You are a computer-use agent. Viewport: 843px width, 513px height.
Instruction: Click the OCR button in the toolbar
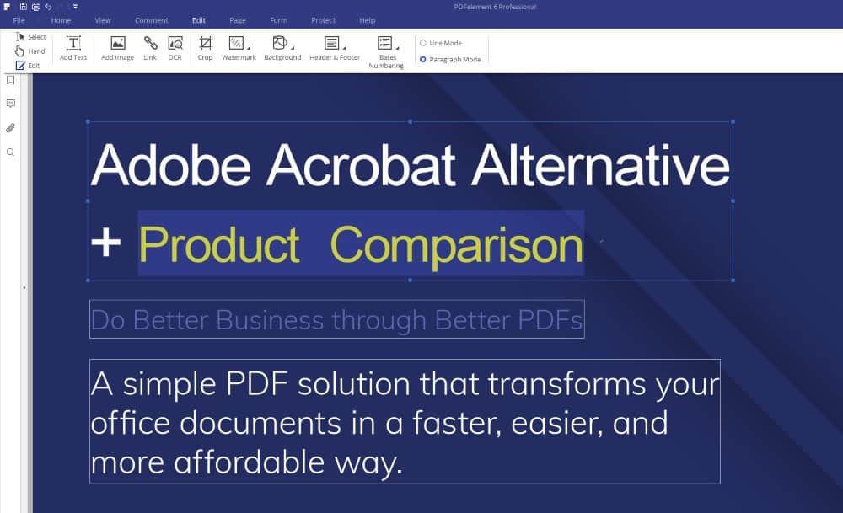tap(175, 48)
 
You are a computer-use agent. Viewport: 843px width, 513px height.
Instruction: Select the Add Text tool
tap(73, 48)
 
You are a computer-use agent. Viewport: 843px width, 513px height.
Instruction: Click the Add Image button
tap(118, 48)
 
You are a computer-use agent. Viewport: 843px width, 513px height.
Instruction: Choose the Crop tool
tap(206, 48)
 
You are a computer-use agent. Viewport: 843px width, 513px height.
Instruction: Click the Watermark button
tap(239, 48)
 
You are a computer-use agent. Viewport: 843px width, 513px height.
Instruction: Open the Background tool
tap(282, 48)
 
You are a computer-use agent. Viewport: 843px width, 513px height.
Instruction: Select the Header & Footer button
tap(335, 48)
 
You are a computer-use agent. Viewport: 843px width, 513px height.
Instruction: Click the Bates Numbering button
tap(387, 52)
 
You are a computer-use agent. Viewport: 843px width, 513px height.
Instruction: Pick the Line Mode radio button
tap(423, 43)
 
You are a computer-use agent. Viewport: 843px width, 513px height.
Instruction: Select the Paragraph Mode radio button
tap(423, 59)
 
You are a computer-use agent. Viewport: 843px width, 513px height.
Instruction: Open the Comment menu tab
tap(152, 20)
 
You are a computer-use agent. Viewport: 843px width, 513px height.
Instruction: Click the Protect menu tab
tap(323, 20)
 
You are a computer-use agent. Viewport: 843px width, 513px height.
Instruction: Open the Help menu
tap(368, 20)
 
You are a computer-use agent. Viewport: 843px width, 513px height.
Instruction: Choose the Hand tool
tap(30, 51)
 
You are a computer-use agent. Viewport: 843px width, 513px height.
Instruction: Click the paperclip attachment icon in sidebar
tap(10, 128)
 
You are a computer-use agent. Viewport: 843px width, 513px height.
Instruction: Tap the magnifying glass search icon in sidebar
tap(10, 152)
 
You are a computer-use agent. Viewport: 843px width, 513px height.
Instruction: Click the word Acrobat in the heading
tap(362, 165)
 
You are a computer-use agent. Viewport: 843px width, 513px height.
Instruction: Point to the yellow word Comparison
tap(456, 245)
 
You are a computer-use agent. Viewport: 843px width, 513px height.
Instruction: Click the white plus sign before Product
tap(106, 243)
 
